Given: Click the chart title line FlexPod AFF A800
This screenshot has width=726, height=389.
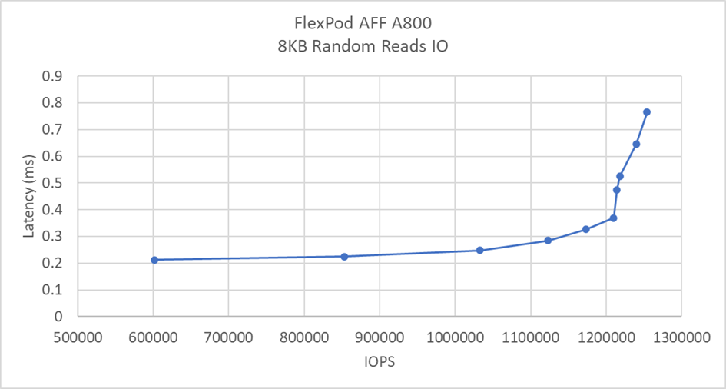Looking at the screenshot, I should tap(363, 25).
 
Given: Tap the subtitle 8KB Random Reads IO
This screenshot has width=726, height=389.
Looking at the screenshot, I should tap(363, 46).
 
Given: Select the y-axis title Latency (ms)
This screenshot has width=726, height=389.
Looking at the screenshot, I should tap(28, 196).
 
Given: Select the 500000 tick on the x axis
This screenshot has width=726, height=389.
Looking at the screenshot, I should tap(77, 336).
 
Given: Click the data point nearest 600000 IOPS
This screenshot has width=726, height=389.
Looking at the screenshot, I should tap(154, 260).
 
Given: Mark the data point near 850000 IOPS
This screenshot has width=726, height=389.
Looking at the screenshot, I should tap(344, 256).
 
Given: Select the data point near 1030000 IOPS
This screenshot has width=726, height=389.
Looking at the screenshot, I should tap(480, 250).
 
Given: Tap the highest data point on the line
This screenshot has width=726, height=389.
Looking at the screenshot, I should tap(647, 112).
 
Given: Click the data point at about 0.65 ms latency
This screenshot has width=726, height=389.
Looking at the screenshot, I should tap(636, 144).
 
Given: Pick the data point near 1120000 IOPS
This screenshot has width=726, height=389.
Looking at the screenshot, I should tap(548, 241).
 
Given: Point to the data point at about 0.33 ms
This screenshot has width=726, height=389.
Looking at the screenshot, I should tap(585, 229).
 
